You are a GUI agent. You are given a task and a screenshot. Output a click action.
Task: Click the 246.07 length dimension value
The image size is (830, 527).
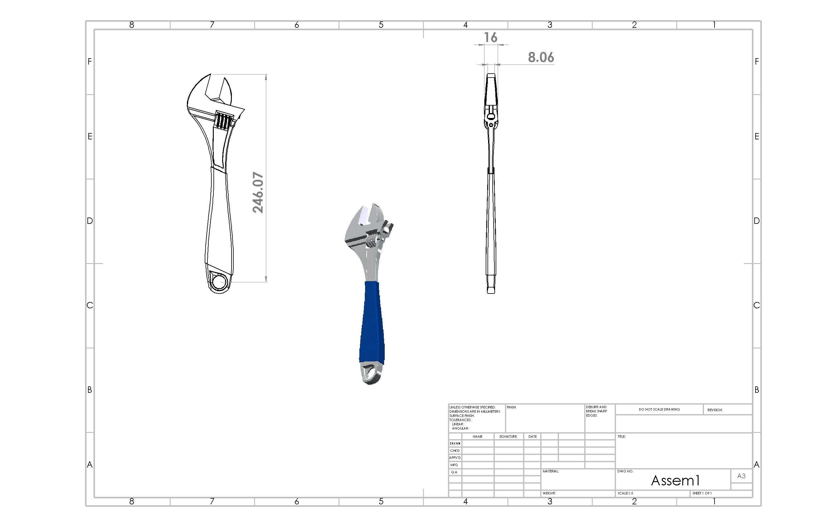point(258,192)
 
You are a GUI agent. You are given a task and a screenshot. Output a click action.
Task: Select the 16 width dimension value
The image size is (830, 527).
point(491,37)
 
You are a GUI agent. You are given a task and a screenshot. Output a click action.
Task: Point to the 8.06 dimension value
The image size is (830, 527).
point(541,57)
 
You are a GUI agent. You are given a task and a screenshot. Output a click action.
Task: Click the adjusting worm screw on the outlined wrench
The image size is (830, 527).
point(224,121)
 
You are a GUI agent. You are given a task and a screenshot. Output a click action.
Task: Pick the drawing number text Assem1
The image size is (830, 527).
point(675,481)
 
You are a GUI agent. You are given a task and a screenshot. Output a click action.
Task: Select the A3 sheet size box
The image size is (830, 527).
point(741,476)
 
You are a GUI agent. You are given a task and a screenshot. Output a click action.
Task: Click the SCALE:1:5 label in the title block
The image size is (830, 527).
point(625,493)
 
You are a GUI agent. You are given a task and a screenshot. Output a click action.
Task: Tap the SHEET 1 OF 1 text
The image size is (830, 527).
point(702,493)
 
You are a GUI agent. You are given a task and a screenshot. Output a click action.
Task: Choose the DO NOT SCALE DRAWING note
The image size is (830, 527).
point(659,409)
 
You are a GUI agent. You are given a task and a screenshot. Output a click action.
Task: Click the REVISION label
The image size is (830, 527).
point(715,410)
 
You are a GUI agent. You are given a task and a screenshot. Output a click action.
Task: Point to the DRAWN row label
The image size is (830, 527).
point(455,443)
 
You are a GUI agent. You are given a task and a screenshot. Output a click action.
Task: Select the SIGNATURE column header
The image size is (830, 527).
point(508,437)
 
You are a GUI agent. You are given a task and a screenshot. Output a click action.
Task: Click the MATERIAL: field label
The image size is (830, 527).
point(551,471)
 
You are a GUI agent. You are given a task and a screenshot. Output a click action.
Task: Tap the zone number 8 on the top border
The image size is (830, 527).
point(132,25)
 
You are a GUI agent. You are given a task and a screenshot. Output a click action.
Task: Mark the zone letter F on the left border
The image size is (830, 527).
point(90,62)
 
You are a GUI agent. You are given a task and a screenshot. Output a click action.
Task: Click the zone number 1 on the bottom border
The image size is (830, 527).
point(714,501)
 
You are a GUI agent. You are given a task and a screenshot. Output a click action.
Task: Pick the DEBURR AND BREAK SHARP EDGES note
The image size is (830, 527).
point(596,411)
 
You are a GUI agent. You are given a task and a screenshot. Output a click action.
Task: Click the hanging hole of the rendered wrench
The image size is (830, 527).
point(370,372)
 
